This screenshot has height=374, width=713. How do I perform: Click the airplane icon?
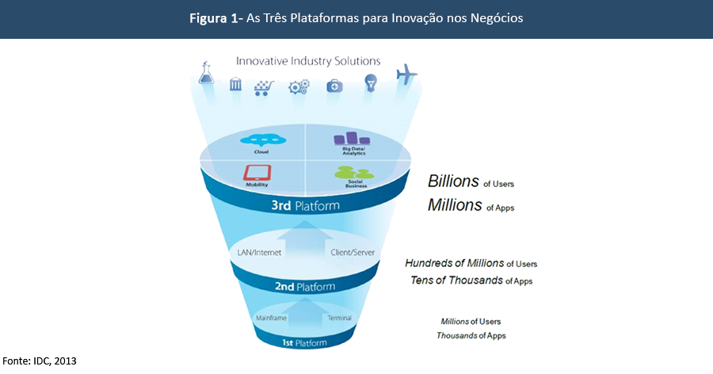406,74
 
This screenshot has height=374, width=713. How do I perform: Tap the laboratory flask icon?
208,74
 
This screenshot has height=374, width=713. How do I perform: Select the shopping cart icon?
265,86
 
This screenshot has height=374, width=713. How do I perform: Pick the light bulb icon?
370,83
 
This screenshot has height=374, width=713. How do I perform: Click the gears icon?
299,86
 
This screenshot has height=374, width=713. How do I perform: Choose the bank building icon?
235,84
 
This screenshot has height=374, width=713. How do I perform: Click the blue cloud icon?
261,140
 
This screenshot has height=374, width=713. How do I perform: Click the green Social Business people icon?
349,171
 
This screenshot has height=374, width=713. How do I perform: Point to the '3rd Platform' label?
305,206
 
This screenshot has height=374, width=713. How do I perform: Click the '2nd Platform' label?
305,286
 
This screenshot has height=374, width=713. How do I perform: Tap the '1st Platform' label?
304,342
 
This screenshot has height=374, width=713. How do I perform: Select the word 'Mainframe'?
270,318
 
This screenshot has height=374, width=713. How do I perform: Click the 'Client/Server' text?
352,253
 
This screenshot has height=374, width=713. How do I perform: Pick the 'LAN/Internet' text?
258,253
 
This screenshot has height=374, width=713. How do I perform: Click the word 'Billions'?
453,181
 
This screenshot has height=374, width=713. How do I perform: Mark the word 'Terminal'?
339,318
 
